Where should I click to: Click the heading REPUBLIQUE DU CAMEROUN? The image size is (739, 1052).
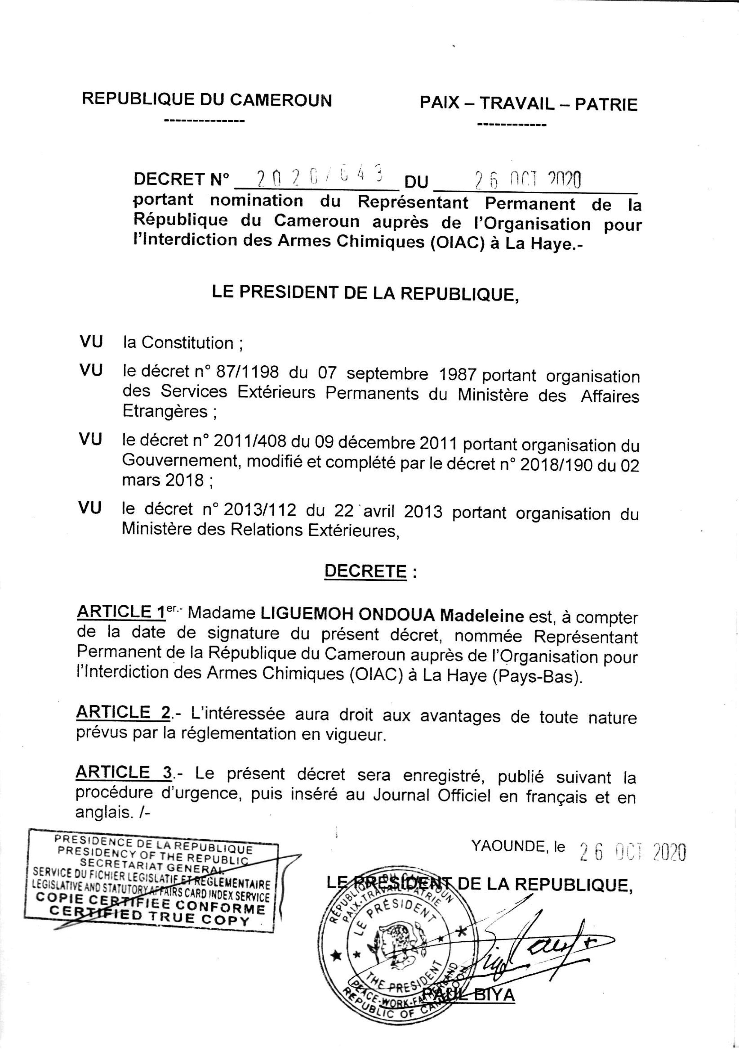(207, 99)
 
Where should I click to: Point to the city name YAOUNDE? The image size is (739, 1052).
(507, 847)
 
